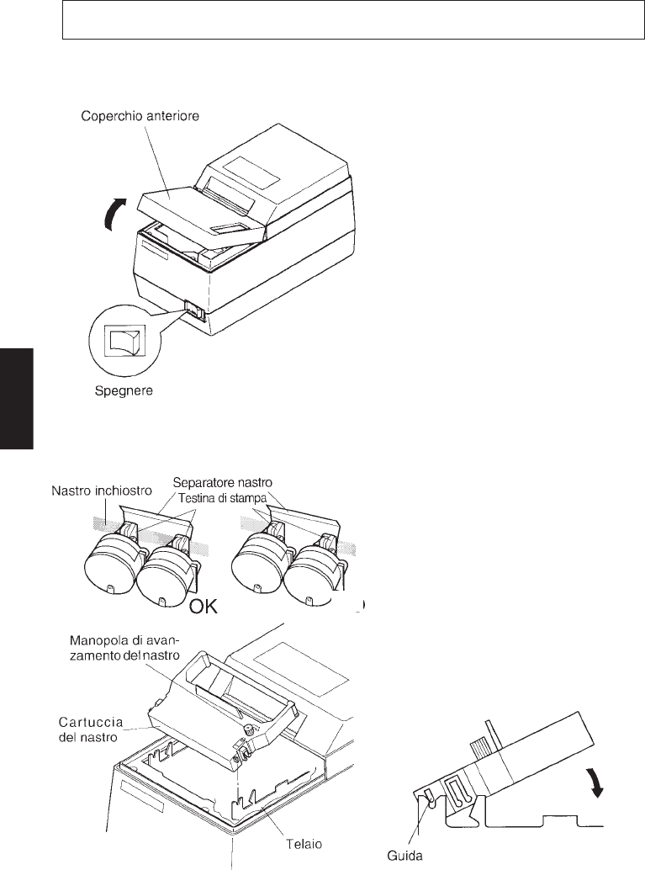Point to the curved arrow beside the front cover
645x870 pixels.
[113, 215]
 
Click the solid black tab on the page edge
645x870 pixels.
[16, 401]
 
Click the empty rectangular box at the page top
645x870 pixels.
[346, 21]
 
